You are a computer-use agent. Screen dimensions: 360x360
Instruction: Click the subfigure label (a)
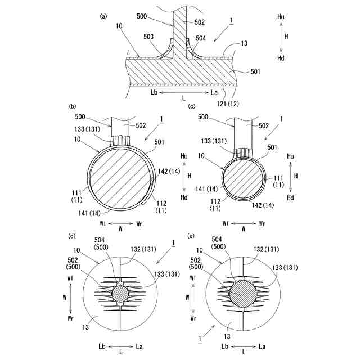(x=103, y=16)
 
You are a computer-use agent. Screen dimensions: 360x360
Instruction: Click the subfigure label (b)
(x=72, y=106)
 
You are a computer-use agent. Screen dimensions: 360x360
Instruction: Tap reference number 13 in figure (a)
(x=244, y=44)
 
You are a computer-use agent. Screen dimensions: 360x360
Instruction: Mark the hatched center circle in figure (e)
(x=244, y=293)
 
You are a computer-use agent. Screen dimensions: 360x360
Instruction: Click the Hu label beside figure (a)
(x=281, y=17)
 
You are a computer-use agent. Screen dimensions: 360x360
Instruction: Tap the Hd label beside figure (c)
(x=291, y=198)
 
